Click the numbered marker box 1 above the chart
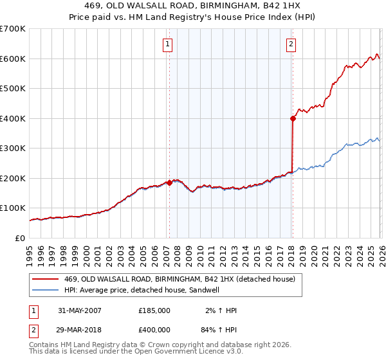pyautogui.click(x=167, y=44)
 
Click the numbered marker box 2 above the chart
pyautogui.click(x=291, y=44)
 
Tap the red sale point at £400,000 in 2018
pyautogui.click(x=293, y=118)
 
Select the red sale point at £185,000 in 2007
pyautogui.click(x=169, y=183)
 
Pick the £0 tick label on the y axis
pyautogui.click(x=21, y=238)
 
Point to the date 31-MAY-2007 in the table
pyautogui.click(x=80, y=310)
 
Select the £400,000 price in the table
pyautogui.click(x=154, y=329)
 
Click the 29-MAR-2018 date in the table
pyautogui.click(x=80, y=329)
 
